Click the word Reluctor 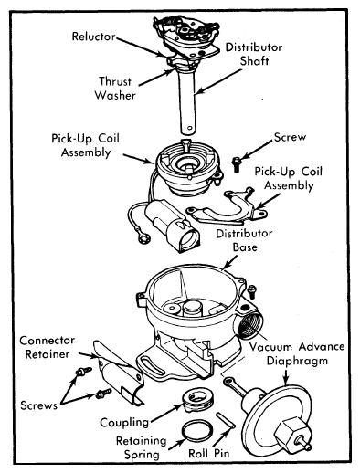coord(93,37)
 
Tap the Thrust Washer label coord(115,89)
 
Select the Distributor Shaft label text coord(254,54)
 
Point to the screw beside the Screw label coord(236,164)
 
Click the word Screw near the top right coord(290,137)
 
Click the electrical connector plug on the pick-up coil coord(173,226)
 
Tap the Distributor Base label coord(244,240)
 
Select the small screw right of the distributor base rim coord(251,291)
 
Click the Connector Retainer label coord(48,347)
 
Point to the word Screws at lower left coord(38,405)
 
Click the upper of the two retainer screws coord(83,372)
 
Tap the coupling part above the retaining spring coord(196,399)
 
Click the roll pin coord(225,420)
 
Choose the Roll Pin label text coord(208,454)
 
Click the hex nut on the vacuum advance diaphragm coord(289,432)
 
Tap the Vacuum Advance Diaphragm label coord(297,353)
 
